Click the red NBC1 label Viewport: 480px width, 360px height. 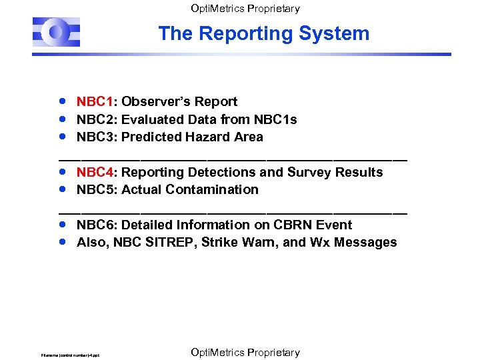(93, 102)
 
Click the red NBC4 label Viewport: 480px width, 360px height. (93, 173)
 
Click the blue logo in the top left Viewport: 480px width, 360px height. (57, 32)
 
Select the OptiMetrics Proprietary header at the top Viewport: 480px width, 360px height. (245, 9)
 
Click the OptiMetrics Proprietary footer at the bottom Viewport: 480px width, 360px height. (245, 352)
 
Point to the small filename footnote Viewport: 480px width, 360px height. (70, 355)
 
